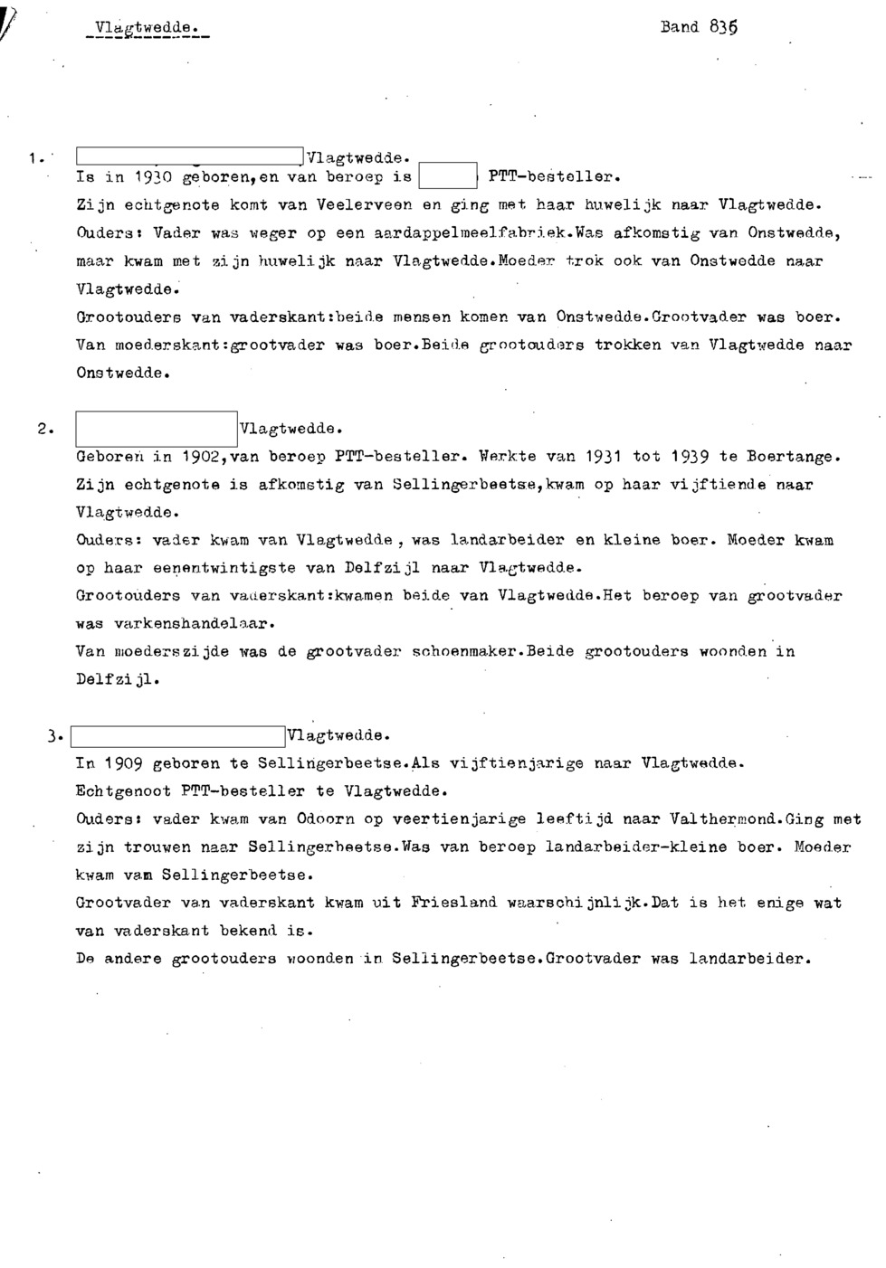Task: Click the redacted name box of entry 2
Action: coord(157,428)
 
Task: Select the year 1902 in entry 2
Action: coord(199,457)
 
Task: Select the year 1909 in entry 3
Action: coord(124,764)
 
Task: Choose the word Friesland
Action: coord(453,903)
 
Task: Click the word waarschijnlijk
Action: coord(579,903)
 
